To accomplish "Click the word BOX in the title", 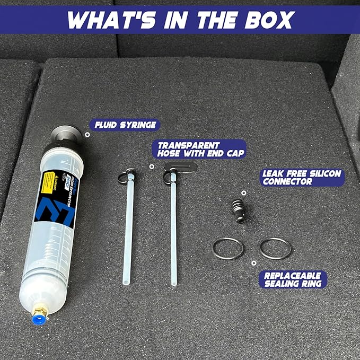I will (x=263, y=19).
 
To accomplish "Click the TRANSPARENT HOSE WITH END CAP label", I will (x=199, y=149).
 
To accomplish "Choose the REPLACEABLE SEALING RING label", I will (x=292, y=279).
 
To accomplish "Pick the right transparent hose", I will (x=173, y=233).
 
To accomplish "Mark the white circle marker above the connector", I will (x=243, y=192).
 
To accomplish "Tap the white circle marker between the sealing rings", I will (x=253, y=262).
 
